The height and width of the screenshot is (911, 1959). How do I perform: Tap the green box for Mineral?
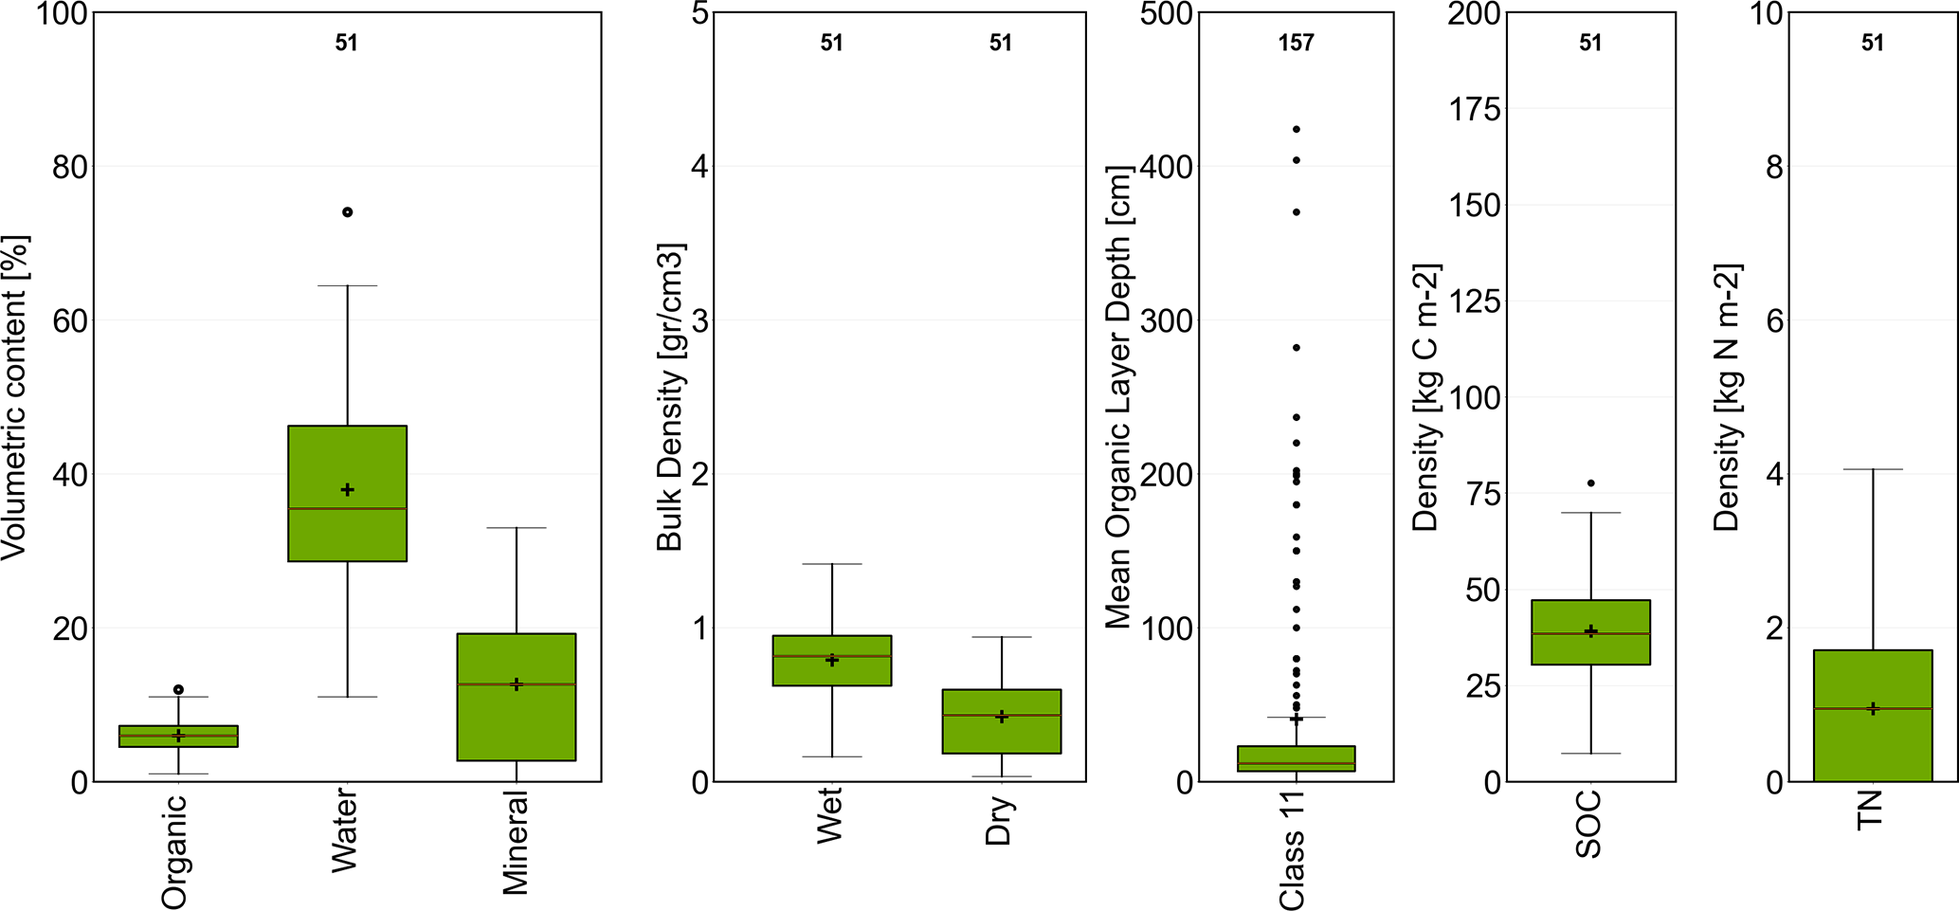(x=517, y=720)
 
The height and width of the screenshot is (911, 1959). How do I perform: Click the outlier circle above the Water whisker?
(x=348, y=212)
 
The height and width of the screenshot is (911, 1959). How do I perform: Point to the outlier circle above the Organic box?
(x=178, y=689)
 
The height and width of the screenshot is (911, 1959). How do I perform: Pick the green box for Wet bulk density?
(x=832, y=671)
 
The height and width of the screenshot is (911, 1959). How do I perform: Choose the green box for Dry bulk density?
(x=1002, y=735)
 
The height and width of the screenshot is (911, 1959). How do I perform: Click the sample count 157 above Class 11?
(x=1296, y=43)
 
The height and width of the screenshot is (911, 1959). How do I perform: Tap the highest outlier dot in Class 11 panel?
(x=1297, y=129)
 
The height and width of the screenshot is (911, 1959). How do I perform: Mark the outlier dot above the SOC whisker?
(x=1591, y=483)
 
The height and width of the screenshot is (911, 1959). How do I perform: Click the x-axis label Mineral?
(x=516, y=843)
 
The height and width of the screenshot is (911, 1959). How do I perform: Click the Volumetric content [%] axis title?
(x=16, y=398)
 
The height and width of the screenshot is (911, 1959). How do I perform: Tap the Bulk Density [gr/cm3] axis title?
(x=670, y=398)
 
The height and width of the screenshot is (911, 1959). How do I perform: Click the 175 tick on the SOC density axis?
(x=1475, y=109)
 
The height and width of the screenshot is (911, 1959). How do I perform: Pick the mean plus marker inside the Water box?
(x=348, y=490)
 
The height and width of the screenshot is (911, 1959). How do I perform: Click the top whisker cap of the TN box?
(x=1873, y=469)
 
